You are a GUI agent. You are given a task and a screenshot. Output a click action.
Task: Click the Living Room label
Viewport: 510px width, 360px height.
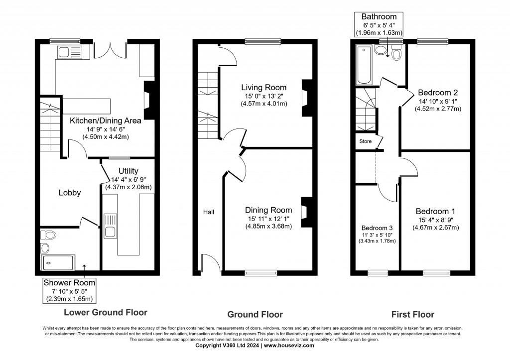[x=261, y=87]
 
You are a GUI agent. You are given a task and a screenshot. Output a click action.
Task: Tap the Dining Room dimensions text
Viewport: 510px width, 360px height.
[x=268, y=223]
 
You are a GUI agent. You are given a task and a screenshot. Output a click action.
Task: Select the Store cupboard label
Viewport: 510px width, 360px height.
[x=365, y=141]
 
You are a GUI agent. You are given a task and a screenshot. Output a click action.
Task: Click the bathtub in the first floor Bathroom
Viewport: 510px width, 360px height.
[x=364, y=65]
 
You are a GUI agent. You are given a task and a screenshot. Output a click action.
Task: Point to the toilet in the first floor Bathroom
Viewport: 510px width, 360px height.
[x=396, y=53]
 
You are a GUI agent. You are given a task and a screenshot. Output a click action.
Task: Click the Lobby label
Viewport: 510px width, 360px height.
[x=69, y=193]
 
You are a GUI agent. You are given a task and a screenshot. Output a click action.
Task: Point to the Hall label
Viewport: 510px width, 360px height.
[x=208, y=212]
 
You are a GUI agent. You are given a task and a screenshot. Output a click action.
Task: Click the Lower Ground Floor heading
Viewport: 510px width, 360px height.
[x=106, y=313]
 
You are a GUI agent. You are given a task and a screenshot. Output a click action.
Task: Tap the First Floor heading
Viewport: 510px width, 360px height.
[x=412, y=314]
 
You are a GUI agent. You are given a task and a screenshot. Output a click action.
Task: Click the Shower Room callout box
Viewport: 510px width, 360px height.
[x=69, y=291]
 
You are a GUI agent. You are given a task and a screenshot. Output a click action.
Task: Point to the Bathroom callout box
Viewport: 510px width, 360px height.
[x=379, y=24]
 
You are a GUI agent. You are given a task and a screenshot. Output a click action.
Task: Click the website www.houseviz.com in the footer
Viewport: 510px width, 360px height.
[x=289, y=345]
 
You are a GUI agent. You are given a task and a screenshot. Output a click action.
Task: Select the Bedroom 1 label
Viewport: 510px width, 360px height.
[x=435, y=211]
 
